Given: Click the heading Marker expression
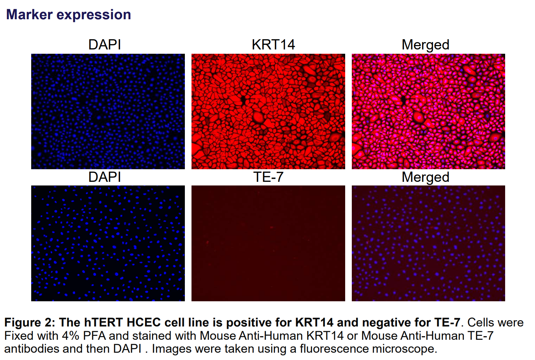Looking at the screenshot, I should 68,15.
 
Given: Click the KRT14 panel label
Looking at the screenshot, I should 273,45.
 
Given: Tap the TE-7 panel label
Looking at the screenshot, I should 268,177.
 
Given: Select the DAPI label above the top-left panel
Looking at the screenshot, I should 105,45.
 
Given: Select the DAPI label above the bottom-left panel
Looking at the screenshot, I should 105,177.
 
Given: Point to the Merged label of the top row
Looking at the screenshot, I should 425,45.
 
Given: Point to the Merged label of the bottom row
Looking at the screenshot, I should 425,177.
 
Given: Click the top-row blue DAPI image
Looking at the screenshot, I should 108,111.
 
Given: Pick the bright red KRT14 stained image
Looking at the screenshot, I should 268,111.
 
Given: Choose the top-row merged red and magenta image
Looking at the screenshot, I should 428,111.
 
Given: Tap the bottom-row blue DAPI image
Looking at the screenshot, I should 108,243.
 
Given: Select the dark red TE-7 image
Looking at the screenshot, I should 268,243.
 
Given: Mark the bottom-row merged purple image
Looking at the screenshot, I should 428,243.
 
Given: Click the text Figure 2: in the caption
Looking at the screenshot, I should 29,323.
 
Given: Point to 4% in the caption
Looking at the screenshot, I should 70,336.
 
